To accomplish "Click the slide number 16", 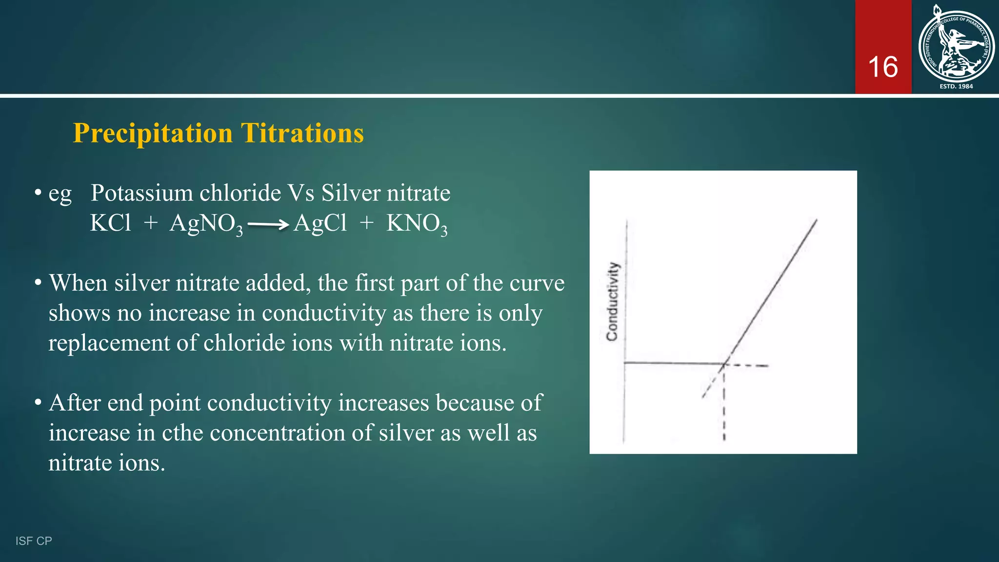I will click(x=882, y=67).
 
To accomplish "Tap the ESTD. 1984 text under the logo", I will click(x=956, y=86).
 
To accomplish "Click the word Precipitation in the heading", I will click(x=153, y=133).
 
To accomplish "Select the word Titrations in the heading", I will click(x=302, y=133).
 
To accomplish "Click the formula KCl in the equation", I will click(x=111, y=223).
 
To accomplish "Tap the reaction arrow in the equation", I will click(x=268, y=225).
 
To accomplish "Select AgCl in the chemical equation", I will click(x=320, y=223).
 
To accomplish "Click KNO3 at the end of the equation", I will click(x=417, y=224).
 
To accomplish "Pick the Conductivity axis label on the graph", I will click(x=612, y=301).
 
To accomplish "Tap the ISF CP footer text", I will click(x=34, y=541).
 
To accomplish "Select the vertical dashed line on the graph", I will click(x=724, y=410).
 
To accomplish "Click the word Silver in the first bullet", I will click(x=350, y=193).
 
